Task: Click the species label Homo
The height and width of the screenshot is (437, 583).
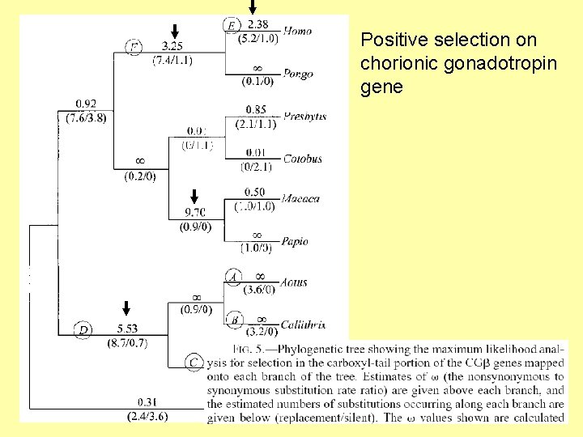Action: [x=298, y=31]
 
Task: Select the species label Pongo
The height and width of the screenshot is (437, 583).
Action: [x=298, y=74]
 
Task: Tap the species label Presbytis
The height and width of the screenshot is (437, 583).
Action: [x=304, y=117]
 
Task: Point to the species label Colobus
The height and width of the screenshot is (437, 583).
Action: [x=302, y=159]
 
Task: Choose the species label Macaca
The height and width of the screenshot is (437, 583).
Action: [x=301, y=198]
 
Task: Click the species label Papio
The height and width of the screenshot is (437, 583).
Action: [x=295, y=241]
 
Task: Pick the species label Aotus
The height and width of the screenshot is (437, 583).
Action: [x=293, y=283]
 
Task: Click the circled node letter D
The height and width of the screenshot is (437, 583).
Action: [x=83, y=329]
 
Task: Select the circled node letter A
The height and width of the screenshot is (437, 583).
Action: [x=232, y=278]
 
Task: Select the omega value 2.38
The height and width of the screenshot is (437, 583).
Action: [x=259, y=24]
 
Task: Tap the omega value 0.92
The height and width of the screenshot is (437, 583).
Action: [x=86, y=104]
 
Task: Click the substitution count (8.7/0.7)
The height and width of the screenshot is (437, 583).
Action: [x=127, y=342]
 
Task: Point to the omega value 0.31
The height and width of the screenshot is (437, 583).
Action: [x=147, y=402]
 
